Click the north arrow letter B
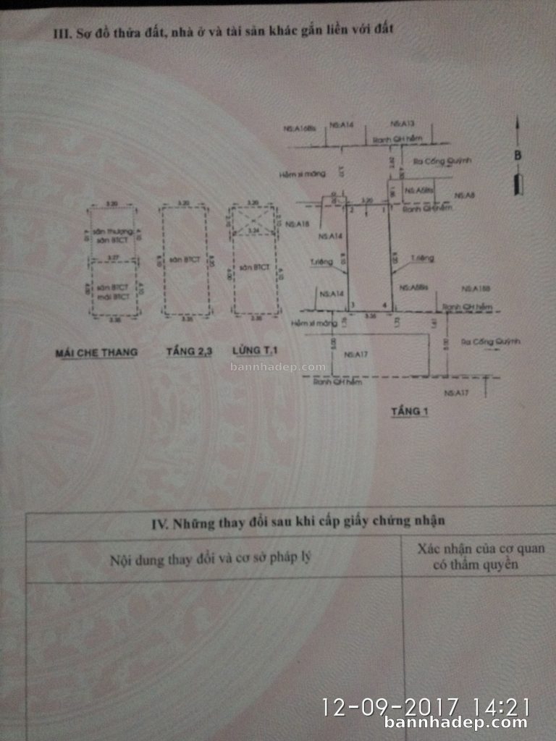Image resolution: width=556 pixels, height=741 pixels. tap(518, 155)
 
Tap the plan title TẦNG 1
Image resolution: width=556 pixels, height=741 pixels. tap(410, 412)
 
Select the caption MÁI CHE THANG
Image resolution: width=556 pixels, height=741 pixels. tap(96, 353)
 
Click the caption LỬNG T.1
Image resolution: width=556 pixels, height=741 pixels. tap(254, 352)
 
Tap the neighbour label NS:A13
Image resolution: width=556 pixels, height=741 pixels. tap(402, 124)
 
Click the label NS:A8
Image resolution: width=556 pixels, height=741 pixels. tap(464, 195)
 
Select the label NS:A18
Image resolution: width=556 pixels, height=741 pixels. tap(298, 224)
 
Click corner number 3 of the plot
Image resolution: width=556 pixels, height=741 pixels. tap(352, 304)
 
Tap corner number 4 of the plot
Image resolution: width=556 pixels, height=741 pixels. tap(384, 304)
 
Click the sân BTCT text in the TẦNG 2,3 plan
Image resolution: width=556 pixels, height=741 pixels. tap(186, 258)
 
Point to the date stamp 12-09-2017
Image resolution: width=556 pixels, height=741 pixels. tap(390, 706)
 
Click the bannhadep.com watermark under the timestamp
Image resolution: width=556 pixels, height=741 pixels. tap(456, 722)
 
